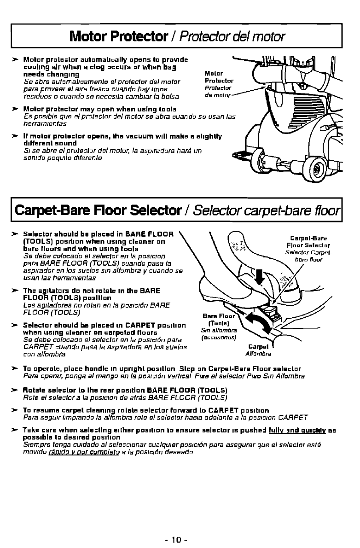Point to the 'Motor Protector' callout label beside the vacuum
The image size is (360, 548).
point(214,77)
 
